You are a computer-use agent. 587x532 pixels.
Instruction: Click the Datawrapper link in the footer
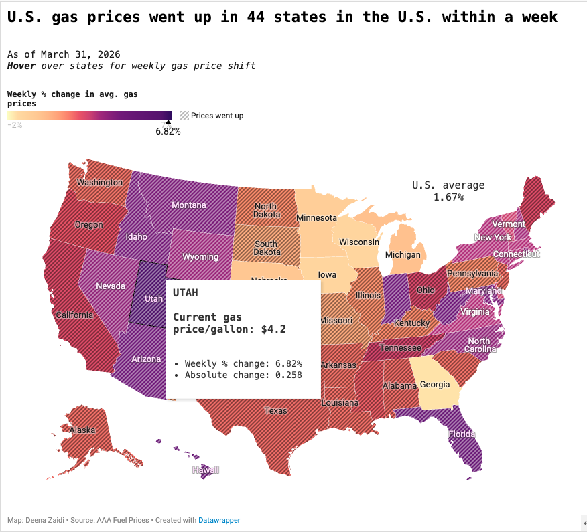tap(219, 520)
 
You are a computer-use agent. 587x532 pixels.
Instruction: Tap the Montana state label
tap(189, 205)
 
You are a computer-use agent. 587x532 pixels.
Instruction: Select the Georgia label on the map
tap(435, 385)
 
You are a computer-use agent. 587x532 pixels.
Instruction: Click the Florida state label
tap(462, 434)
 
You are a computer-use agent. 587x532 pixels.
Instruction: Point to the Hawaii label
tap(206, 470)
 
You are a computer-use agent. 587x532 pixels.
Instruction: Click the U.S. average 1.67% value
tap(448, 197)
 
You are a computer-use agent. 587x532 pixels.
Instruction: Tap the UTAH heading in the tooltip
tap(186, 293)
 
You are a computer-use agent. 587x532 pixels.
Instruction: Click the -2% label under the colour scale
tap(15, 125)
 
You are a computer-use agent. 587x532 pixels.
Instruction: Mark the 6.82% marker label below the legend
tap(168, 131)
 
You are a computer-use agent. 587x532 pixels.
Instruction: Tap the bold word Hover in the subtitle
tap(21, 66)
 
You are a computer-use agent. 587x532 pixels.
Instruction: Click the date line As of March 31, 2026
tap(64, 54)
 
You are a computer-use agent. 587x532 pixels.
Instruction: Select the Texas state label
tap(275, 410)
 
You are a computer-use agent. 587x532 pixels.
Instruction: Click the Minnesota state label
tap(316, 218)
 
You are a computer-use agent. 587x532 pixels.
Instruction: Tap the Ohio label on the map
tap(426, 290)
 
